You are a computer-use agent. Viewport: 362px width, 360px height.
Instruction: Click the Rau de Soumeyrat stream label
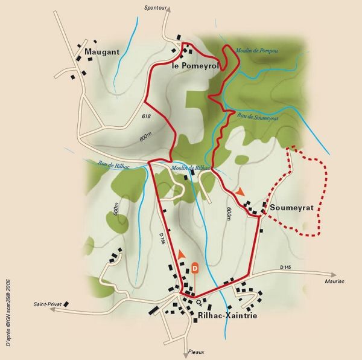(x=258, y=117)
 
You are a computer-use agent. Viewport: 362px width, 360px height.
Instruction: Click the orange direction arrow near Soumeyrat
(x=241, y=191)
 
